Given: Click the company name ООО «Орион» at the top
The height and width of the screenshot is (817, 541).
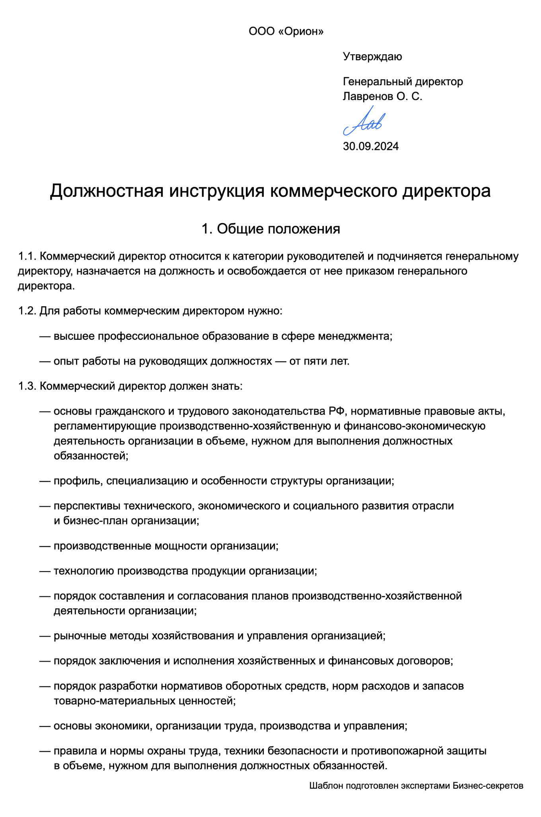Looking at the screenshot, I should [286, 31].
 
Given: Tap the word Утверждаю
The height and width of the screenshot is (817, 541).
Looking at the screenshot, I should [372, 57].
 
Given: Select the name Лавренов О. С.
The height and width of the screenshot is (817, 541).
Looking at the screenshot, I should [382, 96].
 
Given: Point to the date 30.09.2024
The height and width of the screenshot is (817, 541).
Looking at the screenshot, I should [371, 147].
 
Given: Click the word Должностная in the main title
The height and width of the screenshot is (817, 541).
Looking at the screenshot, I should [107, 191].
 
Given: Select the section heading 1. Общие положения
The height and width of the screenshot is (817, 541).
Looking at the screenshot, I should [270, 229].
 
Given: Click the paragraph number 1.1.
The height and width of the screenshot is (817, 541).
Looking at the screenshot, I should [27, 256].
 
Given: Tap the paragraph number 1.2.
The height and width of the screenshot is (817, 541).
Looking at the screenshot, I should [27, 311].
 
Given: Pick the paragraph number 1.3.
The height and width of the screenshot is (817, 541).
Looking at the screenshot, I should [27, 386].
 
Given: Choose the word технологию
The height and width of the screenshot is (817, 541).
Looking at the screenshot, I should [84, 571].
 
